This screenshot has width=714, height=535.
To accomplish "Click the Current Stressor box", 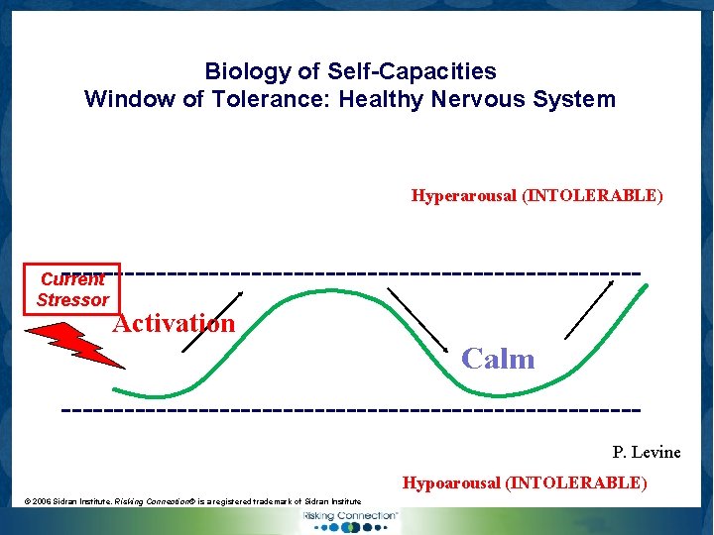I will (x=72, y=289).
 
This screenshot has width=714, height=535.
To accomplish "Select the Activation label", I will (x=174, y=323).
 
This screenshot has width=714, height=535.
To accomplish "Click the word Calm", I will (x=498, y=359).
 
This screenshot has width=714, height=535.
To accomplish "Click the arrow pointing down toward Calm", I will (x=422, y=320).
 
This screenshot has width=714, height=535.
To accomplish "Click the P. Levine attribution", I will (x=646, y=453).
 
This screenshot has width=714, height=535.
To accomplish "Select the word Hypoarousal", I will (x=451, y=482).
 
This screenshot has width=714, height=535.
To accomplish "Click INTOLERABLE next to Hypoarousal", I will (x=576, y=482).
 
